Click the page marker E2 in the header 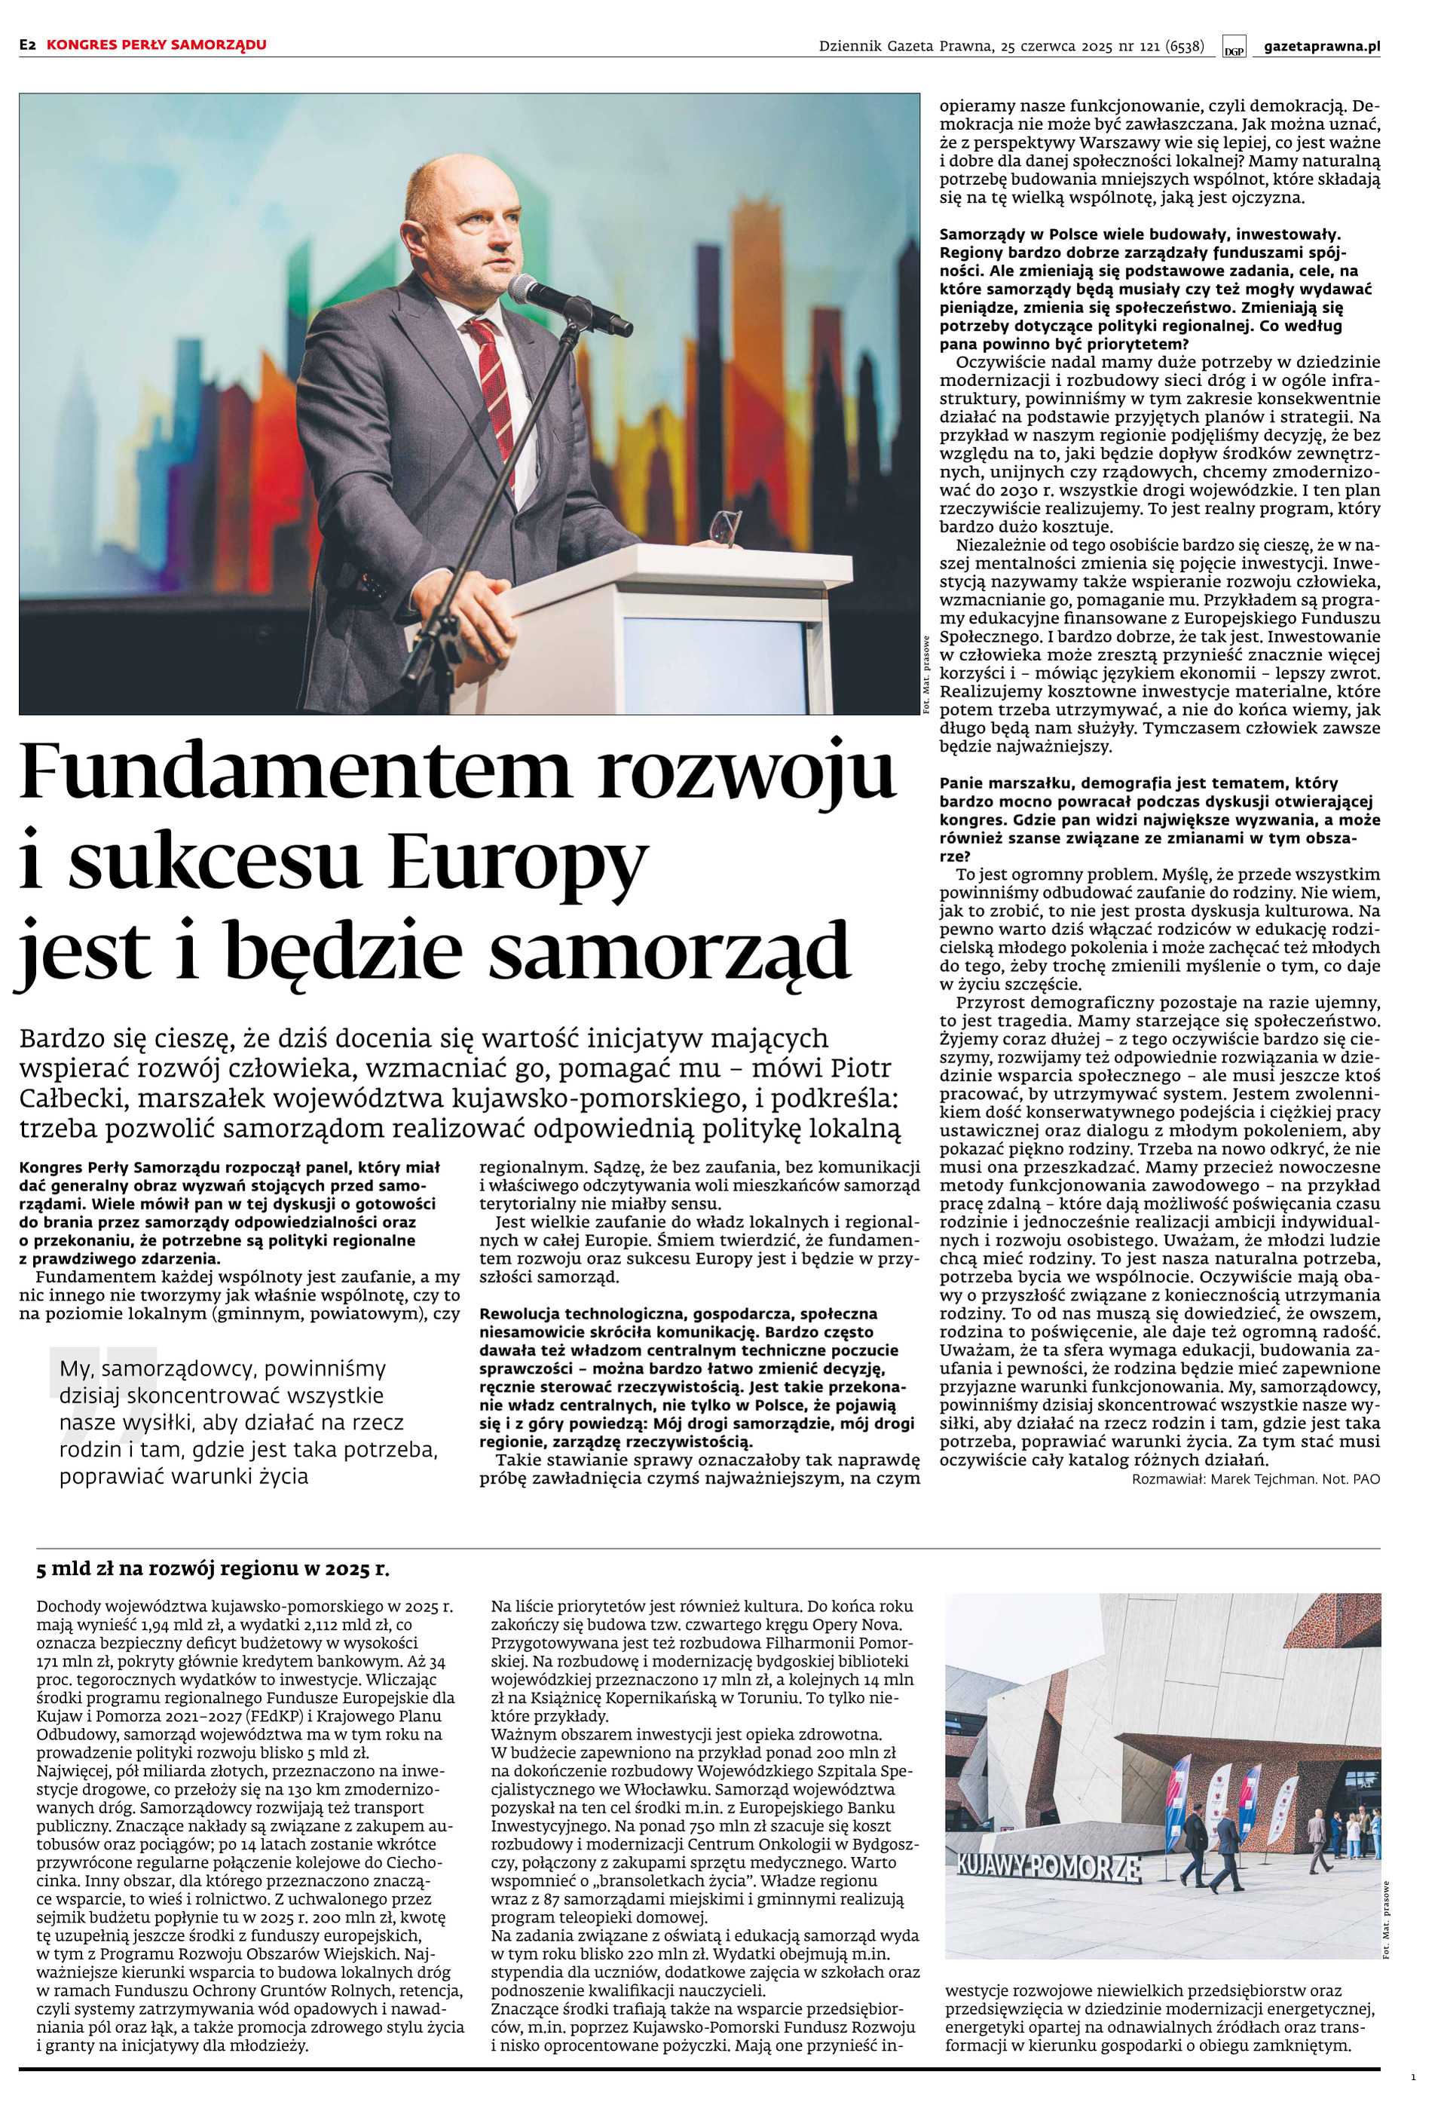tap(27, 44)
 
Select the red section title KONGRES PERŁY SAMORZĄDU tap(157, 44)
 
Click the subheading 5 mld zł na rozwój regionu tap(213, 1570)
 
